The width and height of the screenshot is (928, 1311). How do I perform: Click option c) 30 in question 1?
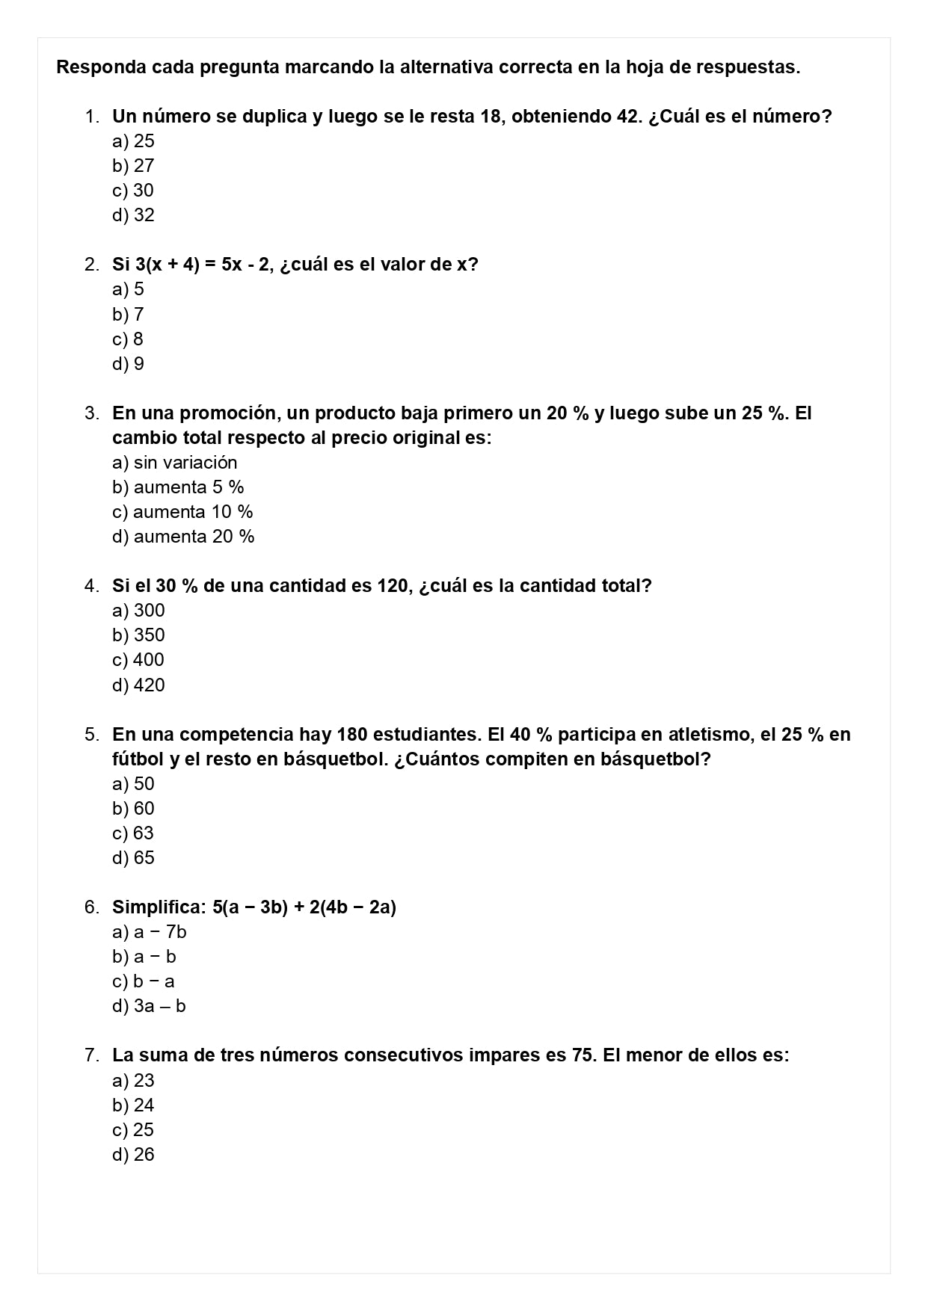pos(133,191)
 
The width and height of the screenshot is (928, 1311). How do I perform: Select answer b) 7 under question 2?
pos(129,315)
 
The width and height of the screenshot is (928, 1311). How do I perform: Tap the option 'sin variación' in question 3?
pos(175,463)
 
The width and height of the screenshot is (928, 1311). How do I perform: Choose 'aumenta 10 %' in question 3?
pos(183,512)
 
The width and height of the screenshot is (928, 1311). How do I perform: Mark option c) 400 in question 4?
pos(138,660)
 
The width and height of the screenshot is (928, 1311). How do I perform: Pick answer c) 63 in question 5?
pos(133,833)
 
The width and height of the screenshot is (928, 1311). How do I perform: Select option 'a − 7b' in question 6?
pos(150,932)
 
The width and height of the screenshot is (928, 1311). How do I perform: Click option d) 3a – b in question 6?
pos(150,1006)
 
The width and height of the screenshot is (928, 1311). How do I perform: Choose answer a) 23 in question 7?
pos(133,1081)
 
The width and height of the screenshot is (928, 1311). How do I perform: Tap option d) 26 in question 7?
pos(133,1155)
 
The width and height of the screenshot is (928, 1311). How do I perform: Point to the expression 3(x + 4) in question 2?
pos(167,265)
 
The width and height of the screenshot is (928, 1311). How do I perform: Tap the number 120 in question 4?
pos(393,586)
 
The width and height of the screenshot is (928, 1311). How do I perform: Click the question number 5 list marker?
pos(91,735)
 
